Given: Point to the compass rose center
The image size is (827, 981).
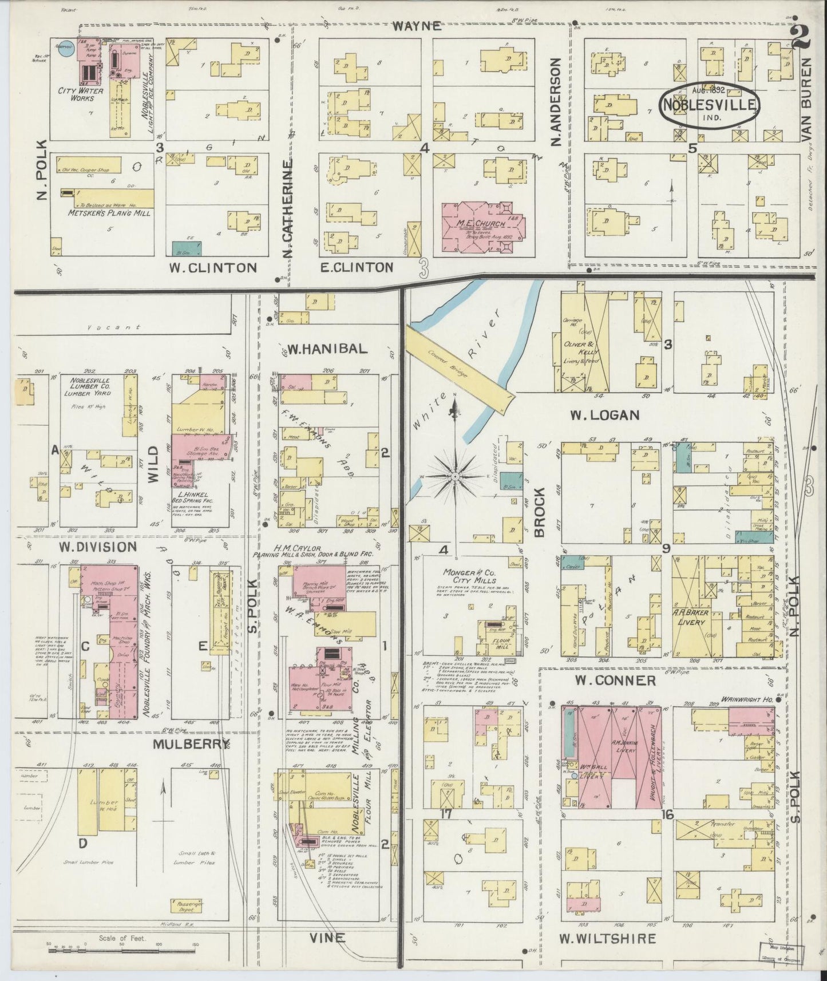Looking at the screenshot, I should [x=454, y=476].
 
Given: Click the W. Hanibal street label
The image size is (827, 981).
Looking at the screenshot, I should [x=327, y=349].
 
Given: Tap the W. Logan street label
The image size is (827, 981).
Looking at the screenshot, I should [x=604, y=414].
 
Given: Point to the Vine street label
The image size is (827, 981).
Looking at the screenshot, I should [x=327, y=938].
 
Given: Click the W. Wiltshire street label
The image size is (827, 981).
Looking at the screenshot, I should [x=607, y=939].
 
